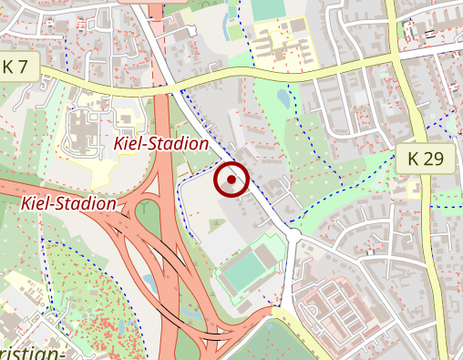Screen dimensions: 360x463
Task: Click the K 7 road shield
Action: pyautogui.click(x=21, y=67)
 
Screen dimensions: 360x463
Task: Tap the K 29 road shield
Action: pyautogui.click(x=426, y=159)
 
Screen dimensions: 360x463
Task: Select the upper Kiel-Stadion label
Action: pyautogui.click(x=160, y=143)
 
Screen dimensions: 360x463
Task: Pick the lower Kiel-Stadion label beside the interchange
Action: pyautogui.click(x=68, y=203)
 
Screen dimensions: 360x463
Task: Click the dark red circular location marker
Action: pyautogui.click(x=231, y=180)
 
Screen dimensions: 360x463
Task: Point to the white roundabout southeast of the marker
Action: pyautogui.click(x=293, y=236)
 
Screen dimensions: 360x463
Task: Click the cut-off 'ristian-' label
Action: pyautogui.click(x=32, y=353)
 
